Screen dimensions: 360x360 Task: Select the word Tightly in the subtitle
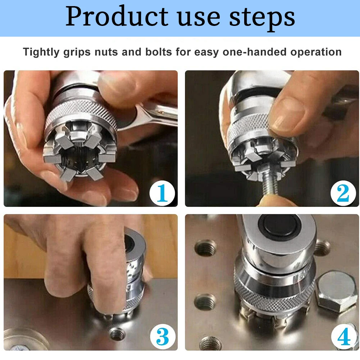pos(41,52)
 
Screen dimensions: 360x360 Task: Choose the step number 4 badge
pos(343,337)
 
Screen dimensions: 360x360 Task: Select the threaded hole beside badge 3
pos(117,334)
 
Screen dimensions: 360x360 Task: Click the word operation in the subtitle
pos(316,52)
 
